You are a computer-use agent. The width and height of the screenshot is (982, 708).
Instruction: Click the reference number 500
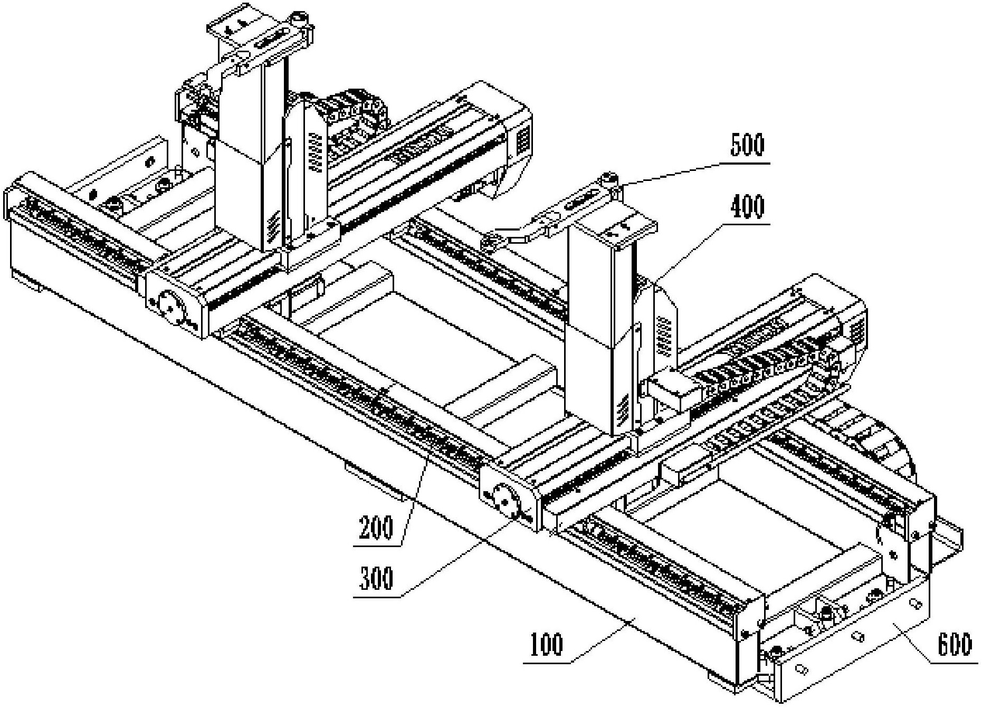tap(747, 146)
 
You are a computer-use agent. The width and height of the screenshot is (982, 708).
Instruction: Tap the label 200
tap(376, 528)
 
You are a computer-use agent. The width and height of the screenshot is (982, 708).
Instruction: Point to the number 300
tap(376, 579)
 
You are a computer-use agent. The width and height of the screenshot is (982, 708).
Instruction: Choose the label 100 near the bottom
tap(547, 644)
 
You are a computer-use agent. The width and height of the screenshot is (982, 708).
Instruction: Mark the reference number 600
tap(955, 644)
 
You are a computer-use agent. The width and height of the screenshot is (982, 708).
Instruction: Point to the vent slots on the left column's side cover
tap(316, 153)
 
